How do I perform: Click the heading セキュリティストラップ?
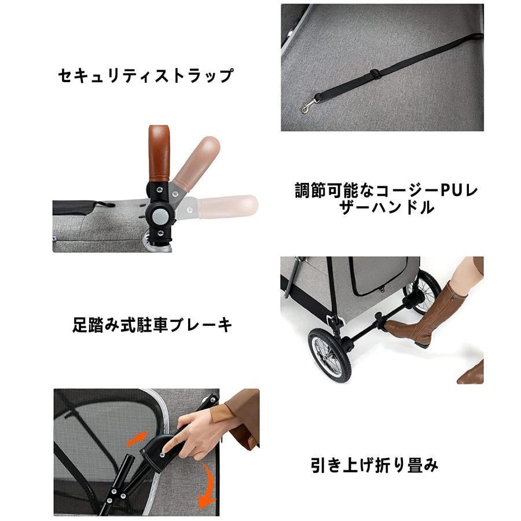click(145, 76)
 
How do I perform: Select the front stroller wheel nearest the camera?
click(329, 355)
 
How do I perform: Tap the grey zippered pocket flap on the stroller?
click(379, 278)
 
